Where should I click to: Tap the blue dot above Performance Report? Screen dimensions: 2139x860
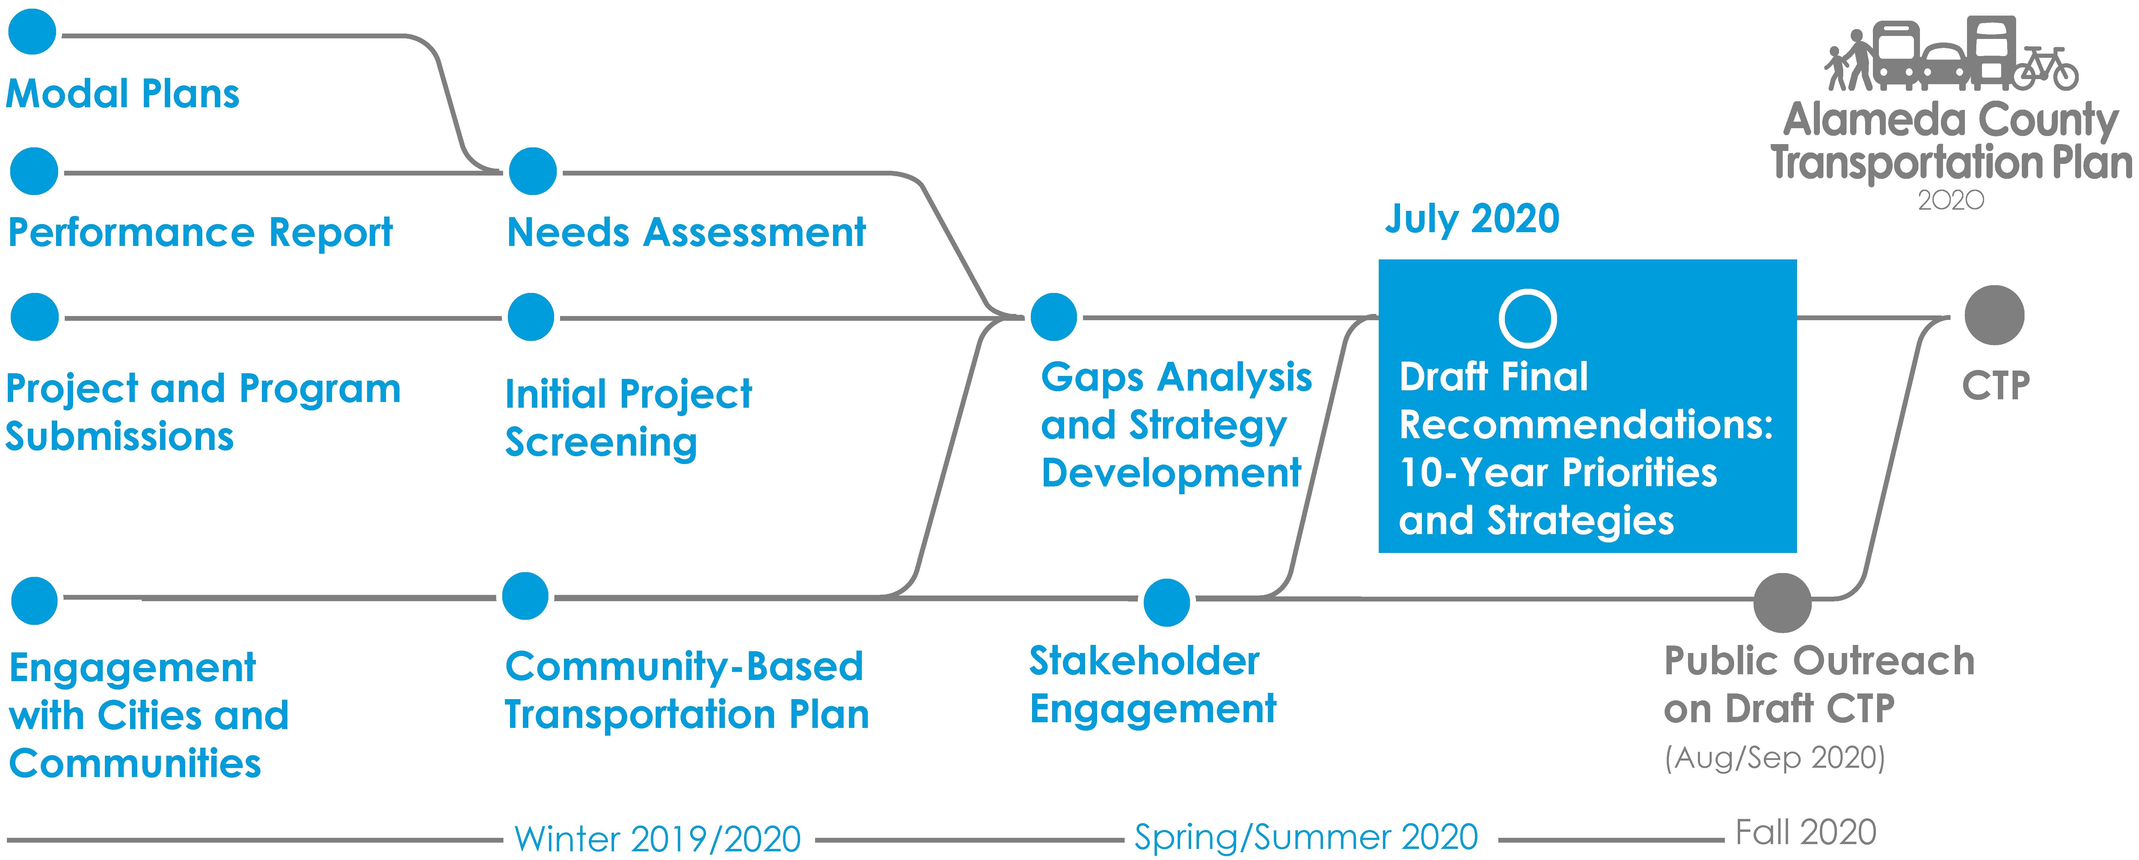point(34,171)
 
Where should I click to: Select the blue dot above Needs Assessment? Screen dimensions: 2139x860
point(532,171)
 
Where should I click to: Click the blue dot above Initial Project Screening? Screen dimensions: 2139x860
point(531,317)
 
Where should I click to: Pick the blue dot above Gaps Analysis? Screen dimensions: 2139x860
point(1054,317)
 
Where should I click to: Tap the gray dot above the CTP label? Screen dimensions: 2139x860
point(1995,315)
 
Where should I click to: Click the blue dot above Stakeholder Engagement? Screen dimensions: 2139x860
point(1167,603)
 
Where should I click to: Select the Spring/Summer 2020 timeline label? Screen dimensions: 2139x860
point(1306,837)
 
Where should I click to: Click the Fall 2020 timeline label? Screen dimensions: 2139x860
point(1806,832)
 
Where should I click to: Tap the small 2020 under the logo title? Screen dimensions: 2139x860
point(1951,200)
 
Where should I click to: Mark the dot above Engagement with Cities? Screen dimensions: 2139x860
point(34,601)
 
